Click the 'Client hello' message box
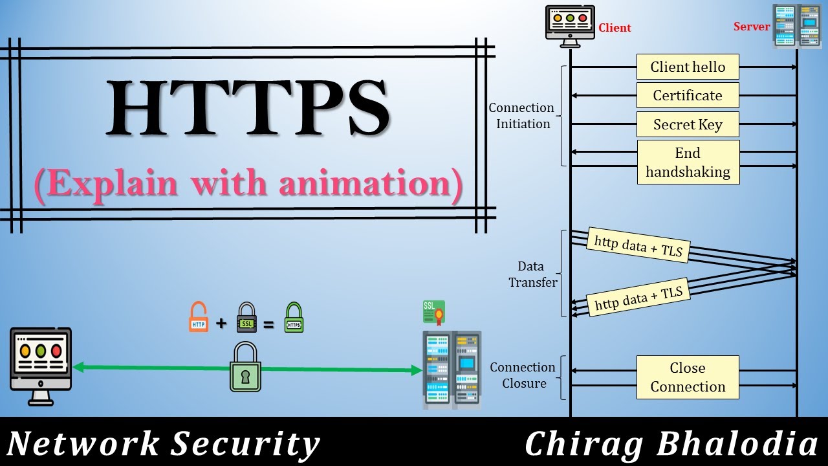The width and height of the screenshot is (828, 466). (688, 67)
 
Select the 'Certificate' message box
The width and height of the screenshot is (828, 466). (688, 96)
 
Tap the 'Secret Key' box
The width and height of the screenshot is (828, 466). (688, 125)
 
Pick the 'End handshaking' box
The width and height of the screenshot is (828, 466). (688, 162)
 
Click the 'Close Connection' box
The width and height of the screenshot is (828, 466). (688, 377)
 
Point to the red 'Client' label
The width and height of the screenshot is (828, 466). (615, 28)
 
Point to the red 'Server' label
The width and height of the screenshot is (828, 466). (751, 27)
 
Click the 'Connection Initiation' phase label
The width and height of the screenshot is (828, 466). (521, 116)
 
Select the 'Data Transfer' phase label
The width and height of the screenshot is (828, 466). (532, 274)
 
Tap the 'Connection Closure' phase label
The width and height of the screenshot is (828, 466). (523, 375)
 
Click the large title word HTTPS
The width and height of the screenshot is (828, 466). (248, 107)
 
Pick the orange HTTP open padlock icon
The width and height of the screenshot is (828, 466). (199, 317)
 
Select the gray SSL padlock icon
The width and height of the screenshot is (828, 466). (246, 317)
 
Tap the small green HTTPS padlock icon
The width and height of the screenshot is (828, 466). (294, 317)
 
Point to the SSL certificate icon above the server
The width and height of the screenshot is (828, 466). (433, 312)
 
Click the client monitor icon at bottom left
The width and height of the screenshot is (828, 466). (41, 366)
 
